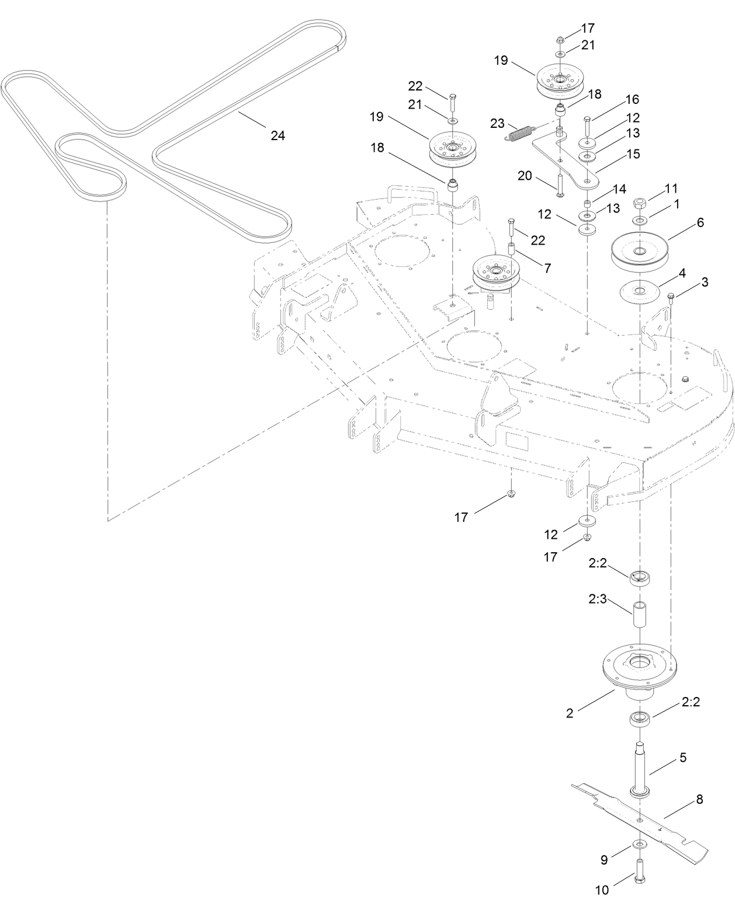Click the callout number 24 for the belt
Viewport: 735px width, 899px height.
[x=278, y=135]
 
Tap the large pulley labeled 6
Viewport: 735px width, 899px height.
[x=640, y=251]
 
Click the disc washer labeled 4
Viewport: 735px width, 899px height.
[x=640, y=291]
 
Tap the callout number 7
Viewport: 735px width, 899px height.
[x=547, y=268]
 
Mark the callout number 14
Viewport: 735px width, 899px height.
[x=619, y=189]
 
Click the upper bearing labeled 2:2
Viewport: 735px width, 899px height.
[x=640, y=578]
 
